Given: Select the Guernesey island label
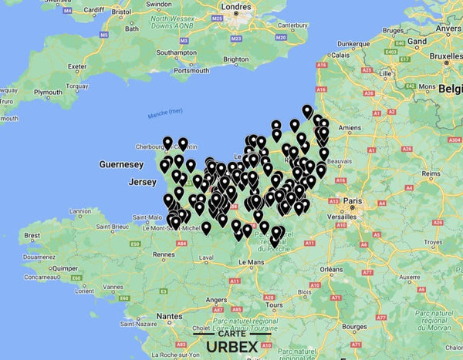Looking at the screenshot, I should point(121,165).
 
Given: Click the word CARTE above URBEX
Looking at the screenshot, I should point(231,333).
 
